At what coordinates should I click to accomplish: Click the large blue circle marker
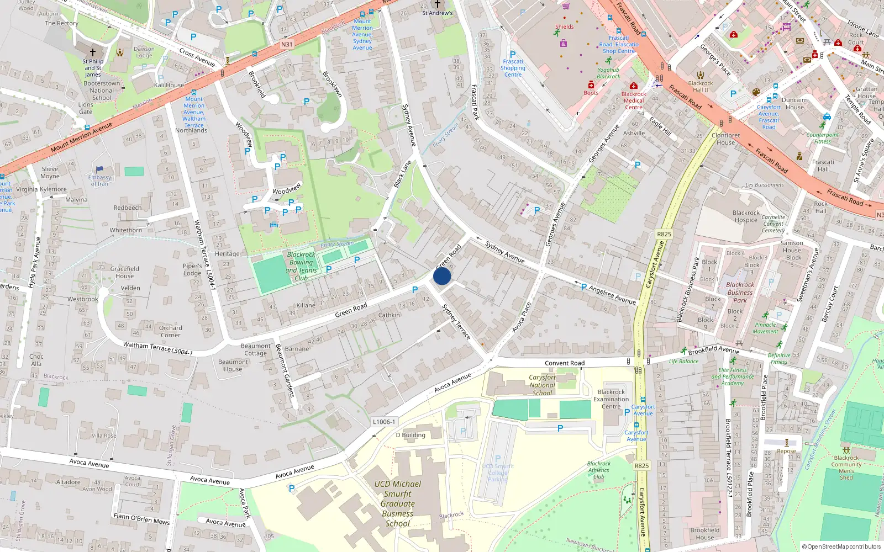point(442,276)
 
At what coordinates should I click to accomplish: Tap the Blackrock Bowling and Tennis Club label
point(301,266)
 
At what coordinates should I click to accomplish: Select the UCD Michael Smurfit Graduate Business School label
point(398,503)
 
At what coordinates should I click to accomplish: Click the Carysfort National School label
point(542,385)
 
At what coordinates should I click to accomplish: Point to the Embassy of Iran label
point(99,181)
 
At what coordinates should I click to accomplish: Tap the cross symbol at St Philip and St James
point(93,52)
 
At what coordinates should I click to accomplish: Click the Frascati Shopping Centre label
point(513,68)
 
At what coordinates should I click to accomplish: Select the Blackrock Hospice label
point(746,216)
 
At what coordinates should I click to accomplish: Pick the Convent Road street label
point(565,363)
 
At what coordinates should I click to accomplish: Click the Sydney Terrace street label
point(456,321)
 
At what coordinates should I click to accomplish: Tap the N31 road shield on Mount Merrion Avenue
point(287,45)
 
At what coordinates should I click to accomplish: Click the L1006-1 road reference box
point(384,422)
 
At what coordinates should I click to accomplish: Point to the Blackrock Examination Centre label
point(611,399)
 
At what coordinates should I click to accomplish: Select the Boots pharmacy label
point(591,93)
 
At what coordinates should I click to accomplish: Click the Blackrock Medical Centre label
point(634,100)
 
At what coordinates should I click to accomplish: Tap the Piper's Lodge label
point(192,269)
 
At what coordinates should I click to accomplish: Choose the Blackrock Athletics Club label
point(599,470)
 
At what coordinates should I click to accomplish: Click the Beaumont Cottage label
point(256,349)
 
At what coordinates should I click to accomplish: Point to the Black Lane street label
point(402,174)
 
